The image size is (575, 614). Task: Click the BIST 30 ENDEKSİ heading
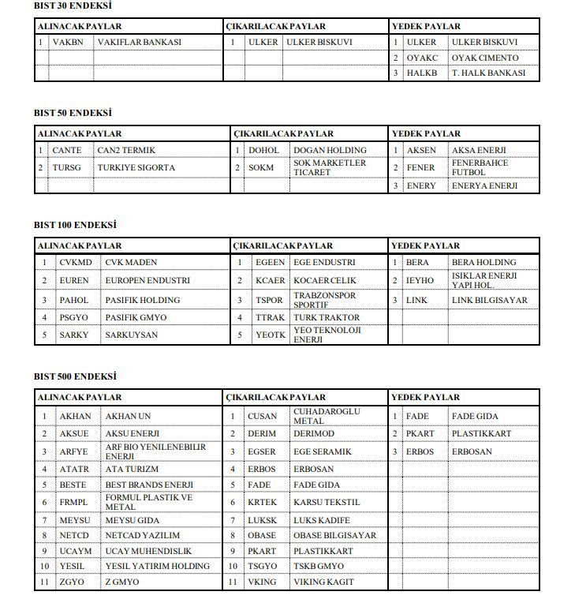(x=73, y=6)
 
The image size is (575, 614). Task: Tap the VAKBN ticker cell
(x=68, y=42)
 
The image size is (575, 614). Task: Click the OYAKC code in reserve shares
(x=422, y=58)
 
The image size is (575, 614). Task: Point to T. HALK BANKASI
(x=488, y=73)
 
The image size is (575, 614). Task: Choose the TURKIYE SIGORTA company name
(x=136, y=167)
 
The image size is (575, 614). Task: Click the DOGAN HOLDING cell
(x=330, y=150)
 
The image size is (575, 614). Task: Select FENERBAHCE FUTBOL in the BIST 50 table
(x=480, y=167)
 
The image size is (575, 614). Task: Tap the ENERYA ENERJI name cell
(x=484, y=186)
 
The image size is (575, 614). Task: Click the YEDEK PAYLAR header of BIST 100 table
(x=426, y=245)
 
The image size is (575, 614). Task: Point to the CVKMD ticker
(x=76, y=262)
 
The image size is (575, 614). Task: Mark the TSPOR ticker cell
(x=269, y=300)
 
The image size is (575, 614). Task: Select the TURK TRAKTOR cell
(x=327, y=317)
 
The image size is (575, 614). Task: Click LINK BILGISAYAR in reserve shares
(x=489, y=300)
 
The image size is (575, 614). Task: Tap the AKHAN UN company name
(x=128, y=416)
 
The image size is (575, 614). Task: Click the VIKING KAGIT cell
(x=323, y=582)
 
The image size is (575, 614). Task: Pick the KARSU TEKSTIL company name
(x=327, y=502)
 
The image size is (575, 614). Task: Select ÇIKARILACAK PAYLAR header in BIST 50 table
(x=284, y=133)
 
